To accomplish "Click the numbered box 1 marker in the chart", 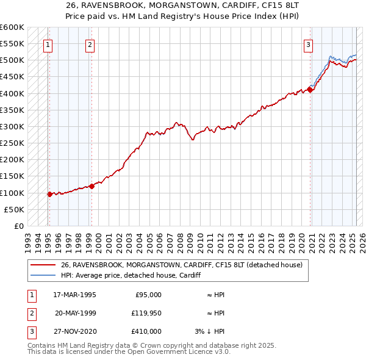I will (x=48, y=44).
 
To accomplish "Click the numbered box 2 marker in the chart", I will (x=90, y=44).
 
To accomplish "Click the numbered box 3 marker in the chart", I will (x=309, y=44).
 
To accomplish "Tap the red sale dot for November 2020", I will (x=310, y=90).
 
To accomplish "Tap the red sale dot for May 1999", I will (x=91, y=186).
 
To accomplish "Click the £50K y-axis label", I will (x=15, y=209).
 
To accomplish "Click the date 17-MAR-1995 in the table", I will (x=74, y=295).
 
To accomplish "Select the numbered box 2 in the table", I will (x=31, y=313).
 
